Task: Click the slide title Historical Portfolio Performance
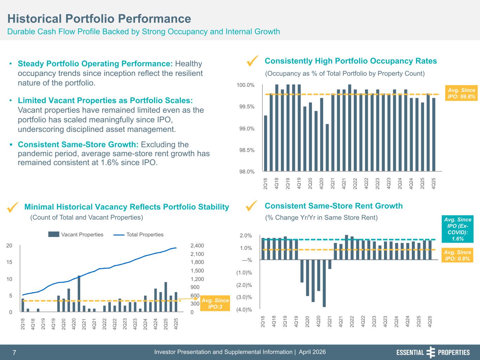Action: [99, 19]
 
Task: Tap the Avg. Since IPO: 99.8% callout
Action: [461, 93]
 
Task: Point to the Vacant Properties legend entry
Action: [76, 234]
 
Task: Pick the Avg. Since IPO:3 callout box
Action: [215, 303]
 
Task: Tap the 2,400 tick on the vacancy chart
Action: [197, 246]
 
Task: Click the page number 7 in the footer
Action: [14, 353]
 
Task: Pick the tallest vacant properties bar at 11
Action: [79, 294]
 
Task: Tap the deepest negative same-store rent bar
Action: [324, 283]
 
